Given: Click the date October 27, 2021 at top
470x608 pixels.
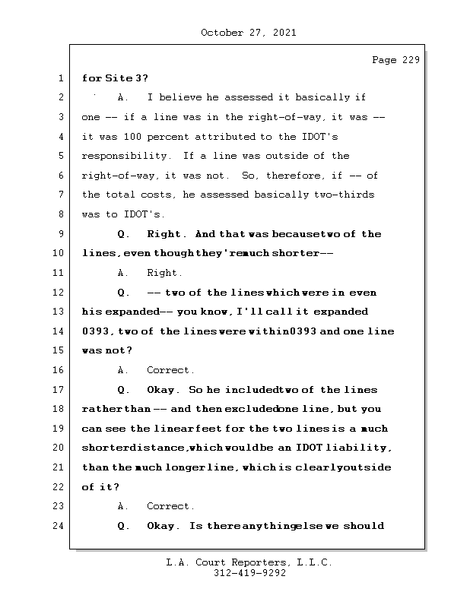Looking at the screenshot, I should (x=249, y=33).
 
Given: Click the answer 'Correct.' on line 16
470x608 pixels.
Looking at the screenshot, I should (x=171, y=370).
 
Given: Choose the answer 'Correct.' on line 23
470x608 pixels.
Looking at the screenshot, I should (x=171, y=506).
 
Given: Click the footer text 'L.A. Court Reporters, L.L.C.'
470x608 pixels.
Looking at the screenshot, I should (x=249, y=562).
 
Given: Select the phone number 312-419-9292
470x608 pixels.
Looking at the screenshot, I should (x=249, y=574).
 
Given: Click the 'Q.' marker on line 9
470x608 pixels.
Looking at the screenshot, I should (x=124, y=234).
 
